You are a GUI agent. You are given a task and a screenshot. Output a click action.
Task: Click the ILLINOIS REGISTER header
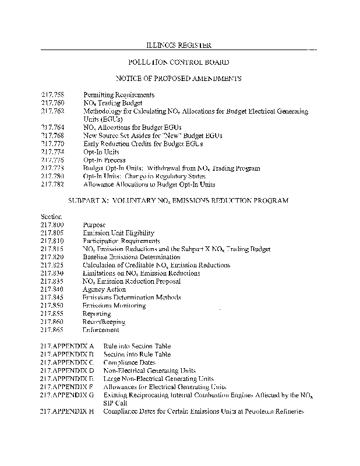(x=178, y=45)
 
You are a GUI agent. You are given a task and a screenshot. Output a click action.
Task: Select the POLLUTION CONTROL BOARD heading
(x=178, y=62)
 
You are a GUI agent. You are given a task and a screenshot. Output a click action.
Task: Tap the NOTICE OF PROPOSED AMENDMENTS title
(x=178, y=78)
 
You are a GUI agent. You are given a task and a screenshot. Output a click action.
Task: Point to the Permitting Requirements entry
(x=119, y=94)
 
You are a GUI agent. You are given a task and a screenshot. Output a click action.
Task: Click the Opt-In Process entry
(x=104, y=160)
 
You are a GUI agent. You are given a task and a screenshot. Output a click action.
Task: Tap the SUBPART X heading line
(x=178, y=200)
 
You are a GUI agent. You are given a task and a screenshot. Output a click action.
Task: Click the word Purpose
(x=94, y=224)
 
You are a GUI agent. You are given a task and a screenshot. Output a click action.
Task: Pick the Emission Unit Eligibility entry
(x=114, y=232)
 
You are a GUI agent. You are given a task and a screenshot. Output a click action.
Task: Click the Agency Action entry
(x=104, y=290)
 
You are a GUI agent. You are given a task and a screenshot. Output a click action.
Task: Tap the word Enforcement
(x=101, y=330)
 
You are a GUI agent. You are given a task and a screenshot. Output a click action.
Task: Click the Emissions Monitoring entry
(x=114, y=306)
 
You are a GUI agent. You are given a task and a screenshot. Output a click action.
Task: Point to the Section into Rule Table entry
(x=137, y=354)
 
